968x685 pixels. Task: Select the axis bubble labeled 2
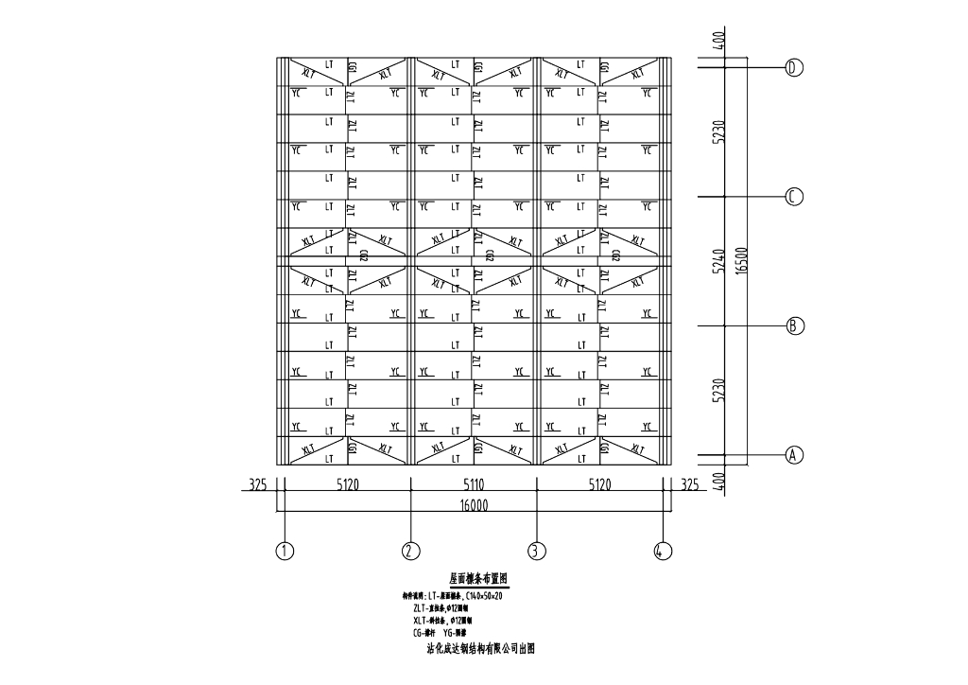click(x=410, y=550)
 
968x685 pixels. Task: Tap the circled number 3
click(x=536, y=550)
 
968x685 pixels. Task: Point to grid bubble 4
click(x=663, y=550)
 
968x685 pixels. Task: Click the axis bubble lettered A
click(x=794, y=454)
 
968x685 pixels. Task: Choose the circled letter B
click(x=794, y=325)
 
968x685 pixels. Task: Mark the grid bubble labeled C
click(x=794, y=197)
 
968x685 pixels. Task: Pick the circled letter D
click(x=794, y=67)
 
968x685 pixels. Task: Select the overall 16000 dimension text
click(x=473, y=505)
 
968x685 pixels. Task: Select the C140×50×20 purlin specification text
click(x=493, y=595)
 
